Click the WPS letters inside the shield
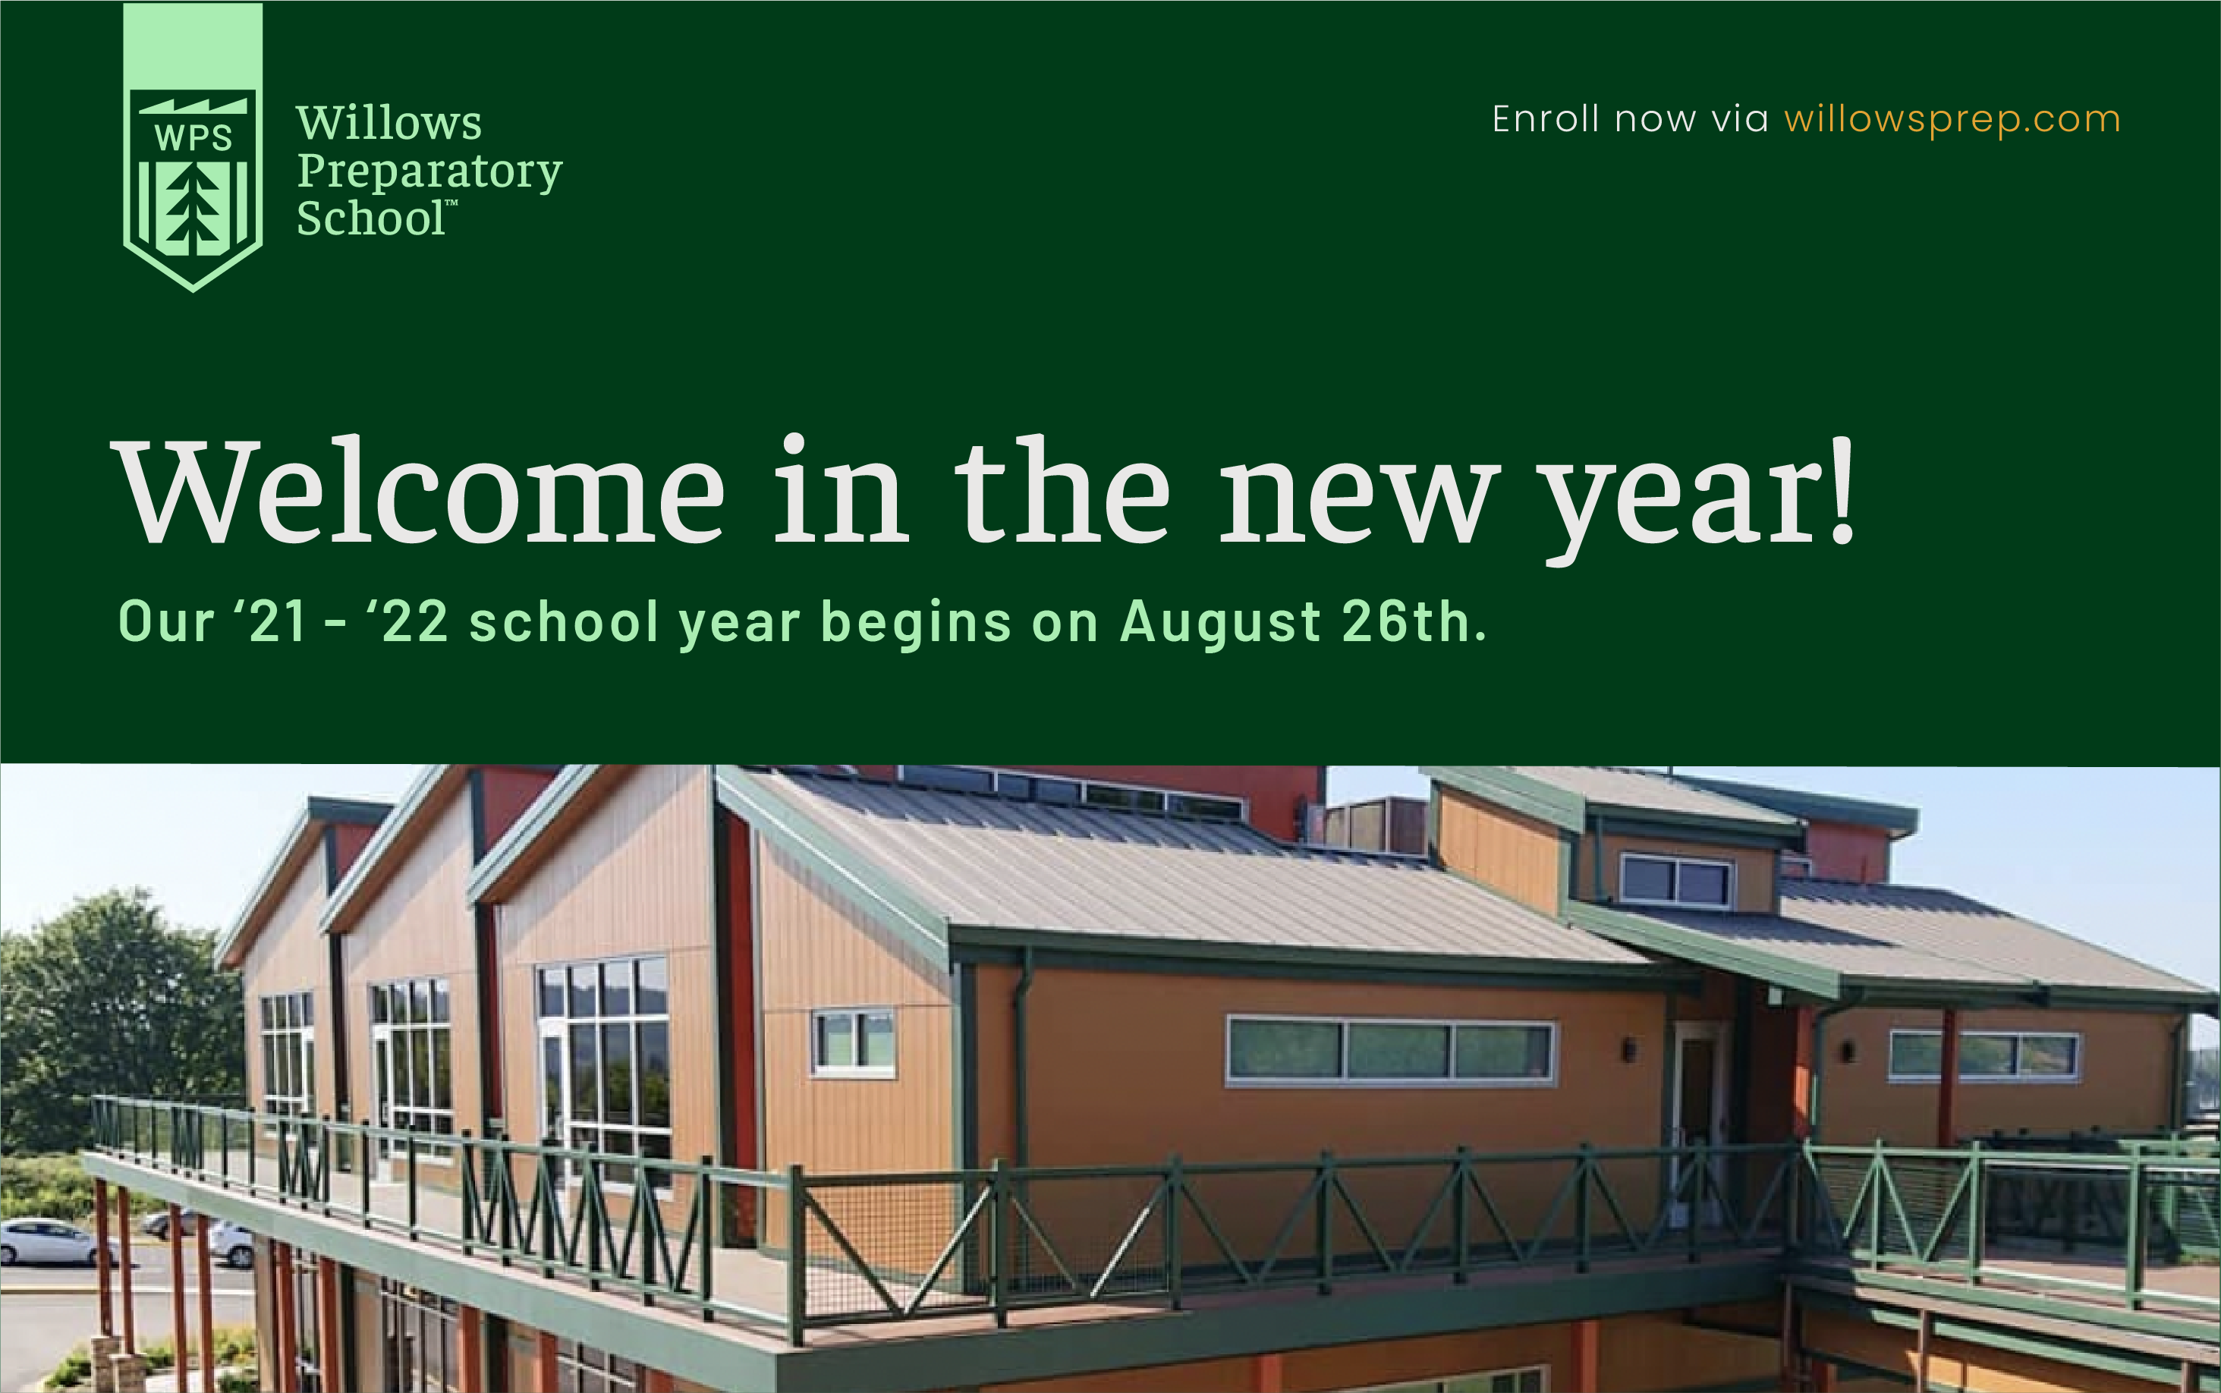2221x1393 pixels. (193, 138)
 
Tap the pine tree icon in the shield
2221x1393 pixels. (193, 211)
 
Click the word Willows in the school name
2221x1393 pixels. (389, 123)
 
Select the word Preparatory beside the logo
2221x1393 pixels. (429, 172)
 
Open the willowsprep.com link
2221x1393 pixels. (1952, 120)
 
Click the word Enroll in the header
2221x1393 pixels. (1546, 119)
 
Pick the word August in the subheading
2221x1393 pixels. (1221, 624)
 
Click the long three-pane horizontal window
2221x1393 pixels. (1390, 1052)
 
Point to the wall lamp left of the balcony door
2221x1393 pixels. (1628, 1049)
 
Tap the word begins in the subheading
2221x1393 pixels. (916, 624)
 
